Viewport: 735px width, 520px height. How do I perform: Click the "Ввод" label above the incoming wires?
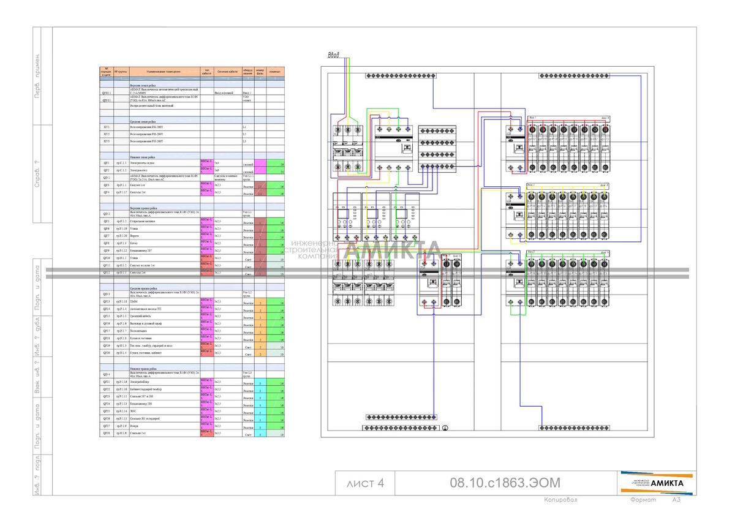[333, 55]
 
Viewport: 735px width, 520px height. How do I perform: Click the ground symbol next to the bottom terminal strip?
[445, 428]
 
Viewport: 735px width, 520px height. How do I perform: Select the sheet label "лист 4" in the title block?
[365, 483]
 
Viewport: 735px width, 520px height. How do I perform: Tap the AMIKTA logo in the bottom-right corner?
[658, 483]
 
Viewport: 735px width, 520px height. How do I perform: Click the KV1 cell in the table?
[107, 126]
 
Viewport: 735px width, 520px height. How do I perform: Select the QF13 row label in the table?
[107, 301]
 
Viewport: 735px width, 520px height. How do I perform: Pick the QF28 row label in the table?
[107, 433]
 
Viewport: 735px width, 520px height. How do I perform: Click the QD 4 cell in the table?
[107, 374]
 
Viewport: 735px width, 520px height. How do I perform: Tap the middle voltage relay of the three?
[375, 217]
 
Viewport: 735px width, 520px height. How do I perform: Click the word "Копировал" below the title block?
[561, 500]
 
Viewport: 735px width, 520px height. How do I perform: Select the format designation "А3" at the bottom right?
[676, 500]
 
